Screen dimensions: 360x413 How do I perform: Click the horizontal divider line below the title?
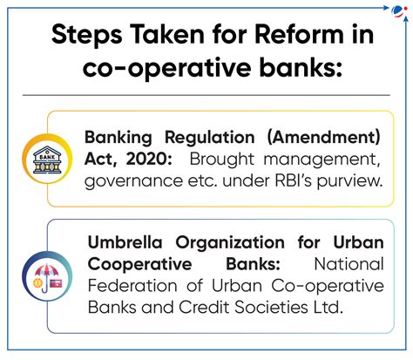pyautogui.click(x=206, y=94)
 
